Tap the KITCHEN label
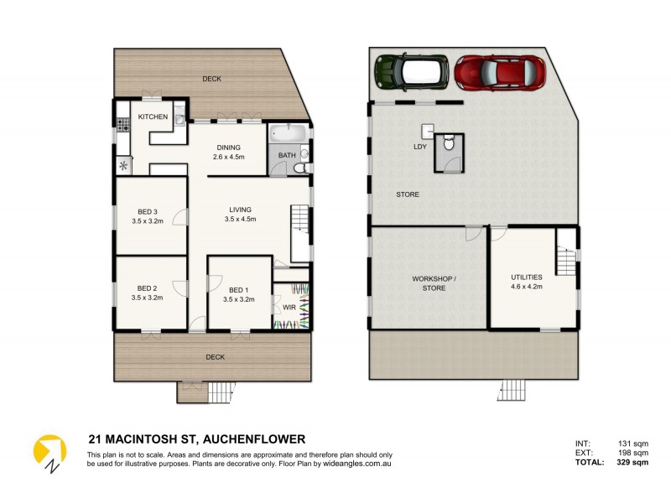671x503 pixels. (x=153, y=117)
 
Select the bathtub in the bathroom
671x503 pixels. (x=285, y=134)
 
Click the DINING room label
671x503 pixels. (x=228, y=148)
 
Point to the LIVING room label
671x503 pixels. (x=241, y=210)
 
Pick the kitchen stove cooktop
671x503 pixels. (x=122, y=126)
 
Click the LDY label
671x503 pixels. (x=420, y=147)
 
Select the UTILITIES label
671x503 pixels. (x=527, y=277)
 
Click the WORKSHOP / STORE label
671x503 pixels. (x=429, y=283)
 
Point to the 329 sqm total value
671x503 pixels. (x=632, y=462)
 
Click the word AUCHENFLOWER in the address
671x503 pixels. (x=257, y=438)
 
